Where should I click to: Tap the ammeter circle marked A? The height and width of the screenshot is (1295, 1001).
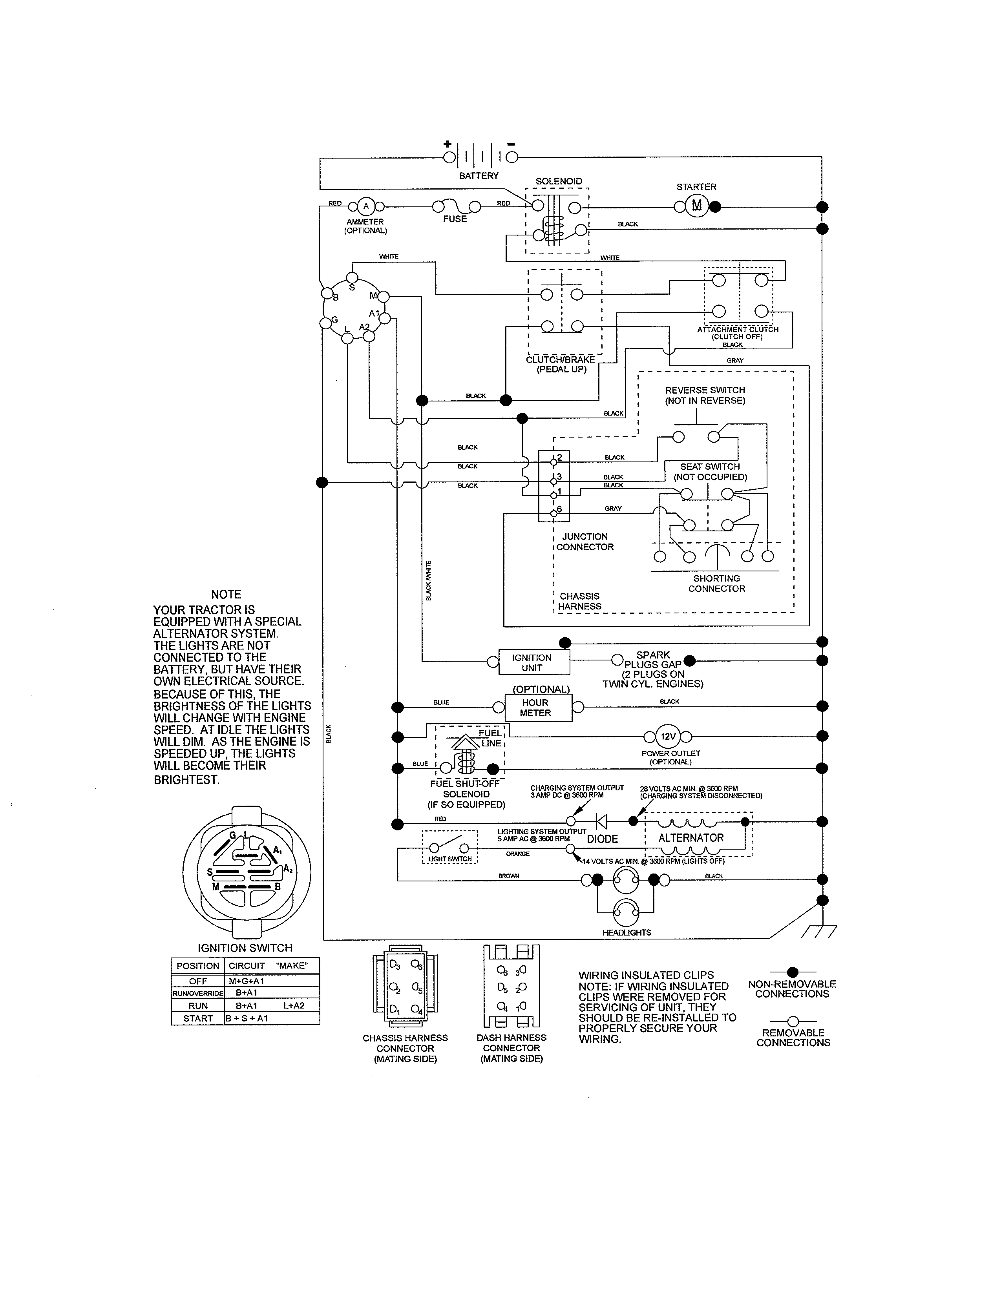(x=366, y=206)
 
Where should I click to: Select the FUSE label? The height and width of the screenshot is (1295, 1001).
(x=455, y=219)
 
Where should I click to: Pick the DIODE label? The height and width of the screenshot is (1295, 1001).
(x=603, y=839)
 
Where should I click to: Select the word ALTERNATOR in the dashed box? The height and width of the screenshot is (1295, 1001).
(x=691, y=838)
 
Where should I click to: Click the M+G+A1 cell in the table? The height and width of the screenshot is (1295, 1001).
(x=247, y=981)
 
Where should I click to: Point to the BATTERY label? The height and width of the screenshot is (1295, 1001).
(x=479, y=175)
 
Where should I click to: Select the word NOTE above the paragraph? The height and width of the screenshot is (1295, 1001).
(x=226, y=594)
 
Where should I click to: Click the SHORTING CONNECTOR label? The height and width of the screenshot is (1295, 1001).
(x=716, y=584)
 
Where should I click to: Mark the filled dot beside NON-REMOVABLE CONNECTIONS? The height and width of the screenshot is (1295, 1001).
(x=793, y=972)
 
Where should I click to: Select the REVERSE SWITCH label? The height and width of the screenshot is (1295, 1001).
(x=705, y=395)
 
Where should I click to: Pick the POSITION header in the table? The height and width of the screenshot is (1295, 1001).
(x=197, y=966)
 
